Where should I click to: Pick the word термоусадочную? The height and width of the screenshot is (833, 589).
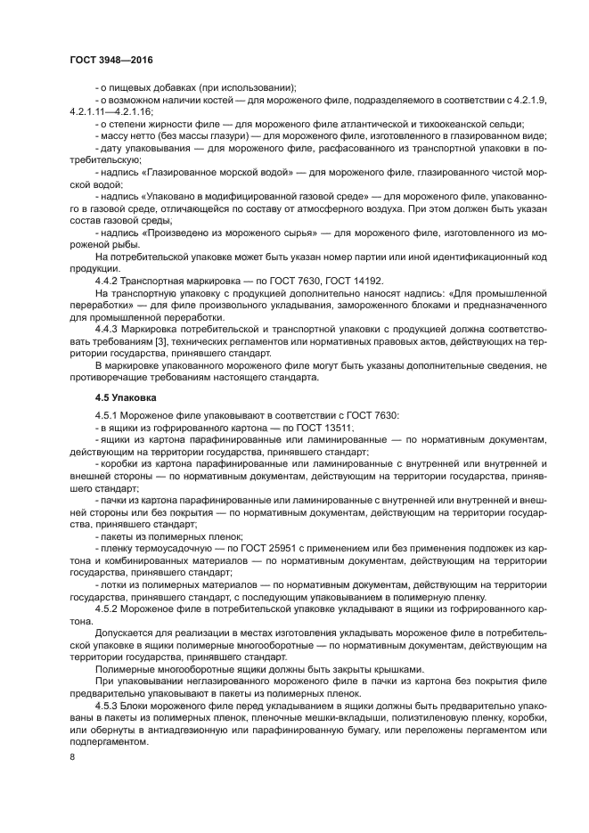(166, 550)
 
